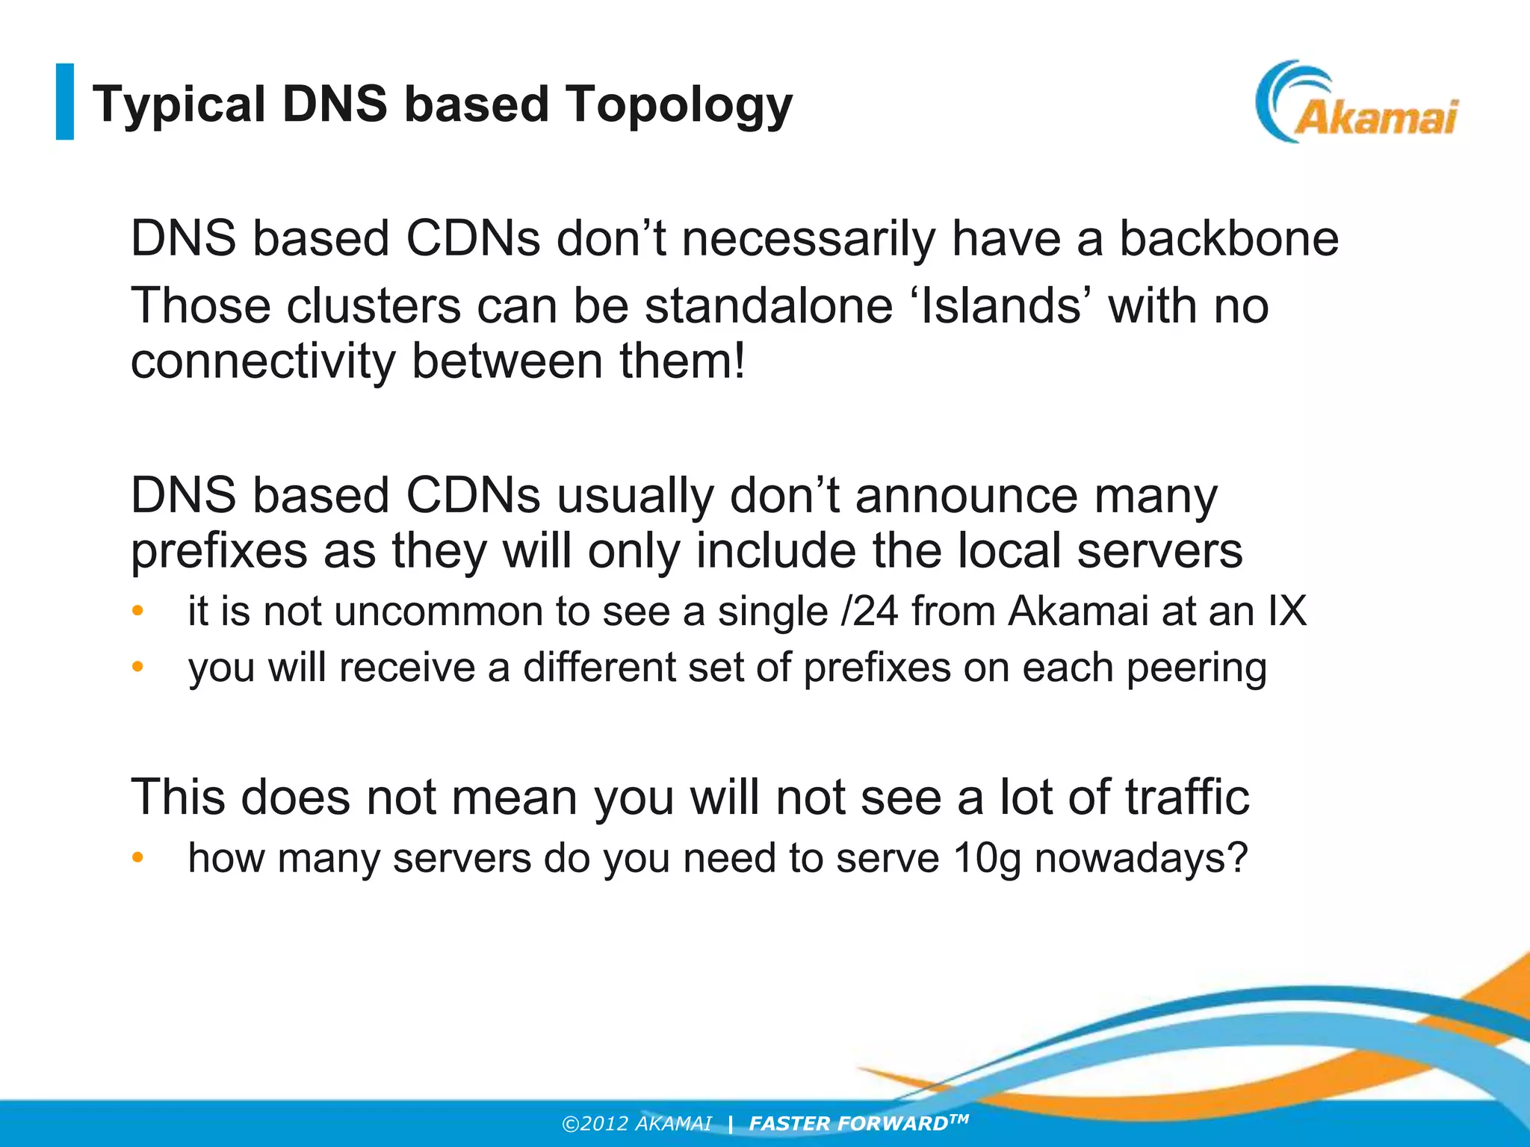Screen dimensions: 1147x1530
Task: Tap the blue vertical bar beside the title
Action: pyautogui.click(x=65, y=102)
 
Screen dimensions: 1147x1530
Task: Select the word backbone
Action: pyautogui.click(x=1228, y=239)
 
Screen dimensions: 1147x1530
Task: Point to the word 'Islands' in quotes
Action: pyautogui.click(x=1000, y=306)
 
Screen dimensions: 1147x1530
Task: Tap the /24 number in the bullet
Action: pyautogui.click(x=870, y=611)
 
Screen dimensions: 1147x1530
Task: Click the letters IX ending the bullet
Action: pyautogui.click(x=1286, y=611)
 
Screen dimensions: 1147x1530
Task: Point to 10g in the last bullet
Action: pyautogui.click(x=987, y=857)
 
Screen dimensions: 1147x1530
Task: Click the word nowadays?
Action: pyautogui.click(x=1141, y=857)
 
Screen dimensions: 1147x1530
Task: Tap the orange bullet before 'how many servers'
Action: pyautogui.click(x=137, y=858)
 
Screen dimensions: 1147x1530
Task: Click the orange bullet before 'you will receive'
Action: pyautogui.click(x=137, y=666)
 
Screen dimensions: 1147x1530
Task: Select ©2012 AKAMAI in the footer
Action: pyautogui.click(x=637, y=1124)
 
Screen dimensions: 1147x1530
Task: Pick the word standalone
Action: pyautogui.click(x=769, y=306)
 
